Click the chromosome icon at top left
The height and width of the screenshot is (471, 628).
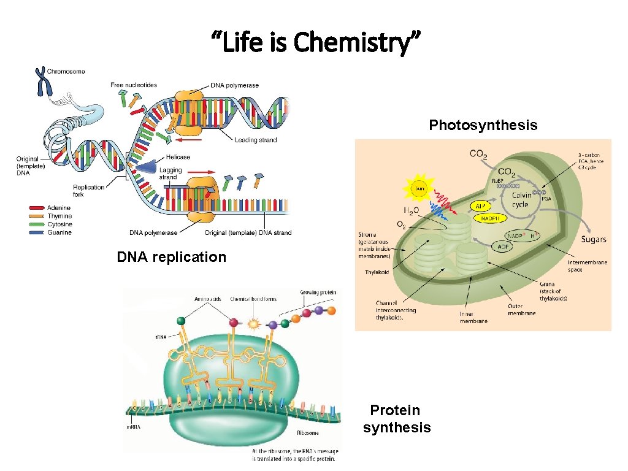coord(42,81)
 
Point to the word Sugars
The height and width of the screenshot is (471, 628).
coord(594,239)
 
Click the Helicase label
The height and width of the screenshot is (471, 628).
coord(178,157)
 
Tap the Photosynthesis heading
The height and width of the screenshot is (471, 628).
coord(483,125)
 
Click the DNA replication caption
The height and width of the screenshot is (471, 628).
coord(171,257)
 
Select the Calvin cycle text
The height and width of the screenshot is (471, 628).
coord(521,200)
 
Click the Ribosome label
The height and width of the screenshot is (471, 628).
coord(307,433)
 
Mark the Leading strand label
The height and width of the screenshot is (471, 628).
coord(255,140)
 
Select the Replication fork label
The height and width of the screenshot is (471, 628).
coord(89,191)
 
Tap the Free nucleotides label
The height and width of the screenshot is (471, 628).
coord(134,85)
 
